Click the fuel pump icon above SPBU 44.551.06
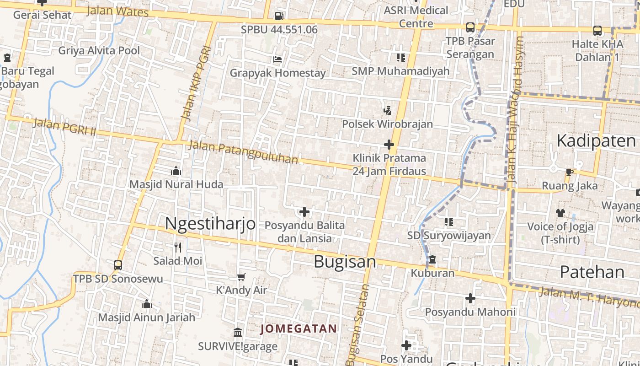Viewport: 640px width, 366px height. [278, 16]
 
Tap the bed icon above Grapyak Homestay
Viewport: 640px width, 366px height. [277, 59]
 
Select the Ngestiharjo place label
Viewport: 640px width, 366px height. [210, 223]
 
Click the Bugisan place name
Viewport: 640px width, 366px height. [345, 262]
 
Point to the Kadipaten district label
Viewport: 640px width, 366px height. [596, 141]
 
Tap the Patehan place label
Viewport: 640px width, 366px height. [592, 272]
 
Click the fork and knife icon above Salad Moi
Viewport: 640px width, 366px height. [178, 248]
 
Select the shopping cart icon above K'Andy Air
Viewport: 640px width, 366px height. [241, 277]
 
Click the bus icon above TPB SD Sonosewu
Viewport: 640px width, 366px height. [118, 265]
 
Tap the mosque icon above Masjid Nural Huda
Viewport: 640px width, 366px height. [176, 171]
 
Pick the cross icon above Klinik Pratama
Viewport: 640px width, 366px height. [389, 145]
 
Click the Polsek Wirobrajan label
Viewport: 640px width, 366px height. [387, 124]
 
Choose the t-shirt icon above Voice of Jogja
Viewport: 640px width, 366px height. [560, 213]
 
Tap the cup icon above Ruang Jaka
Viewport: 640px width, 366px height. [569, 172]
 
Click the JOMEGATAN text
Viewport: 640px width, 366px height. [299, 328]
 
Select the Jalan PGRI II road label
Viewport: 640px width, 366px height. [64, 127]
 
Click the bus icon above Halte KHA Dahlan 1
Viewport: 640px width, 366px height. [597, 31]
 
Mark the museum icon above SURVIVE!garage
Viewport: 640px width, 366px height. [238, 332]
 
